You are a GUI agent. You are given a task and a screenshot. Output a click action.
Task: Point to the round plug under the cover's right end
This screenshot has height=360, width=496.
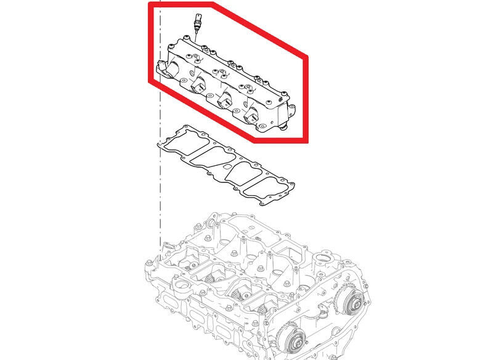coord(284,127)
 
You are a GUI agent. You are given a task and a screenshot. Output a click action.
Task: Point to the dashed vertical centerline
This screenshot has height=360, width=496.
coord(160,185)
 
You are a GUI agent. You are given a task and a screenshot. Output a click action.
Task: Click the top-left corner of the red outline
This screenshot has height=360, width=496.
coord(150,5)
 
